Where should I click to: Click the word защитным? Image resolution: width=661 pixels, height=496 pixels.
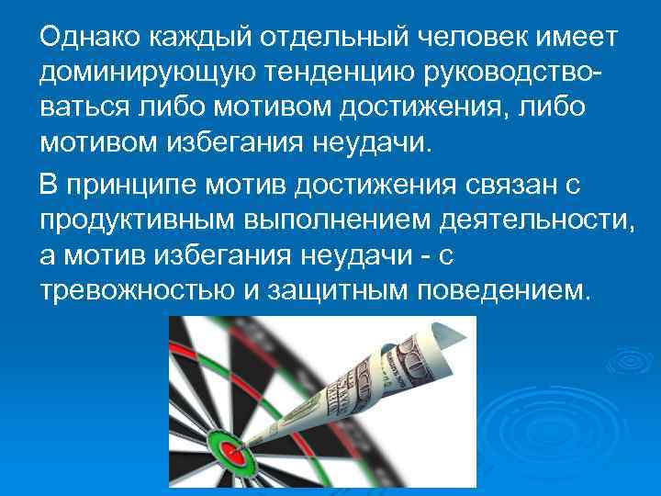pos(337,291)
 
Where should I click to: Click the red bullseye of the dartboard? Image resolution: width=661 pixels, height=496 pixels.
pos(230,453)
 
